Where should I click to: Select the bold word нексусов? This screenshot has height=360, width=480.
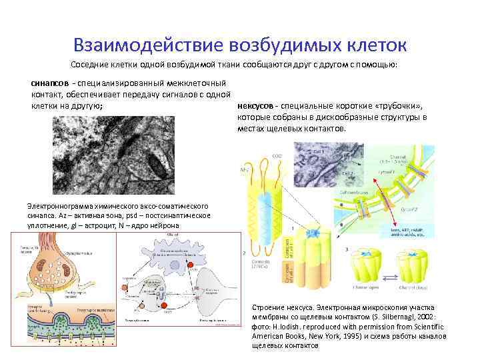(x=257, y=106)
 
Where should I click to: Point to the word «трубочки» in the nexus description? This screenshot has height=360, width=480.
(x=397, y=106)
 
